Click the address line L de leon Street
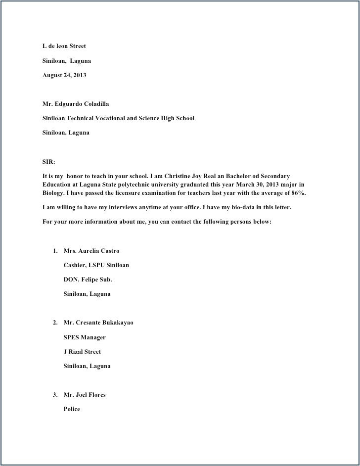(x=64, y=46)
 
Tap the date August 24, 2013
(x=64, y=75)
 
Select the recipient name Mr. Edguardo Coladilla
(x=76, y=104)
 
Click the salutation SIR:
(x=49, y=162)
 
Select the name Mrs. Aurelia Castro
(x=91, y=251)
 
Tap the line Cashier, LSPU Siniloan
(x=96, y=265)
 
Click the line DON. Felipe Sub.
(x=88, y=280)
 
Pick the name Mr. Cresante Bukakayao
(x=98, y=323)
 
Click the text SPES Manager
(x=85, y=337)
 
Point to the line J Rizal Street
(x=82, y=352)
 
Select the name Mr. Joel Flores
(x=85, y=395)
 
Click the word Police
(x=72, y=409)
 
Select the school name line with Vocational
(x=118, y=118)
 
